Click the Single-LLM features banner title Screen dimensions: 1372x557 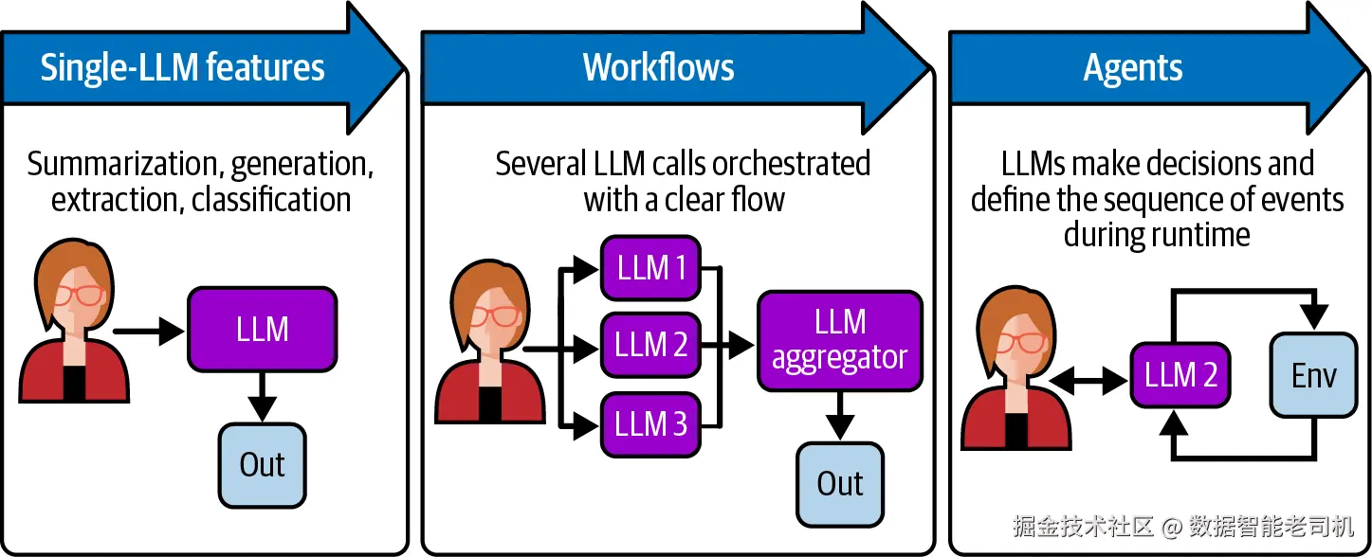182,67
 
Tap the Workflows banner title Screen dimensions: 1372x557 658,66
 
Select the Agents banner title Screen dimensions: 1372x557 1133,68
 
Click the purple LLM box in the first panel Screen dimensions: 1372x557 262,330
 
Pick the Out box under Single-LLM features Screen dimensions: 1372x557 262,465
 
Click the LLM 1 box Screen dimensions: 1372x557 650,267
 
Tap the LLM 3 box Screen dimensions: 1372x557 650,424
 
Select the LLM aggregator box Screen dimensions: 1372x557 840,341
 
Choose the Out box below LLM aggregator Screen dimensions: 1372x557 840,484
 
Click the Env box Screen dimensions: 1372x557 1314,375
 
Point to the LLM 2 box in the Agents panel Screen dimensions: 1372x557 1180,375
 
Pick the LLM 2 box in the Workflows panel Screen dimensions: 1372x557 650,345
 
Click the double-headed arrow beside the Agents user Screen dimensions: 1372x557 1088,381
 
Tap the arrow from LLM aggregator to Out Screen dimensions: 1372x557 840,415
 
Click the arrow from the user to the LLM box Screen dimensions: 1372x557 149,332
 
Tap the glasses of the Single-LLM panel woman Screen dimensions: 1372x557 79,295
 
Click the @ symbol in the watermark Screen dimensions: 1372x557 1171,527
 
